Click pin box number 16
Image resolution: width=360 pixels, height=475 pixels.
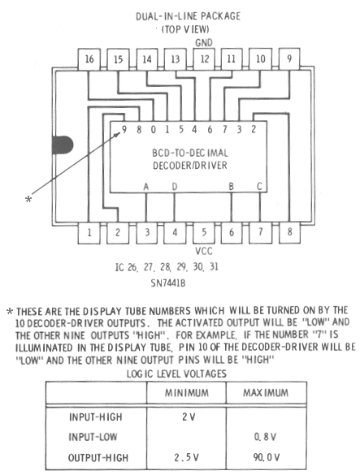89,59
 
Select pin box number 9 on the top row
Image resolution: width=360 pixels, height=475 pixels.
289,58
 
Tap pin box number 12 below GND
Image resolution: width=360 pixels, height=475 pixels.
205,59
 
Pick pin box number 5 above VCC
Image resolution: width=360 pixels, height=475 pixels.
204,233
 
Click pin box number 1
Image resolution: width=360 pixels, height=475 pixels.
89,233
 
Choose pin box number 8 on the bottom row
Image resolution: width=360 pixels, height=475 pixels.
289,232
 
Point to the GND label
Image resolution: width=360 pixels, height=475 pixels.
204,43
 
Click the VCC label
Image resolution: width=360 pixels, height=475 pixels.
204,251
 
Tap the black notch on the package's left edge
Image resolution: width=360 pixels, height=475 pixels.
63,145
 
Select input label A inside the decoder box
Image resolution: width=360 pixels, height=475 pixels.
146,187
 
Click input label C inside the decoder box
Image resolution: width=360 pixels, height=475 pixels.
259,186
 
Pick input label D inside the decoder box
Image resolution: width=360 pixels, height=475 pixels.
175,187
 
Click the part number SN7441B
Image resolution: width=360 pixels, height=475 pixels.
168,283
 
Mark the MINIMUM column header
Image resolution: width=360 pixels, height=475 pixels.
187,393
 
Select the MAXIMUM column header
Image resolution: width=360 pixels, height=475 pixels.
266,393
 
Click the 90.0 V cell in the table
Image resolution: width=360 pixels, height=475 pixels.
267,457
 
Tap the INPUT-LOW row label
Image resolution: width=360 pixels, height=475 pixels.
93,437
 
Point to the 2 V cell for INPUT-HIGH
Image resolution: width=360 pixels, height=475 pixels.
189,417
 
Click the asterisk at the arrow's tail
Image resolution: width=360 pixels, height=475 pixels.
28,199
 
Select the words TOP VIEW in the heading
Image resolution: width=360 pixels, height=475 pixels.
185,29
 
